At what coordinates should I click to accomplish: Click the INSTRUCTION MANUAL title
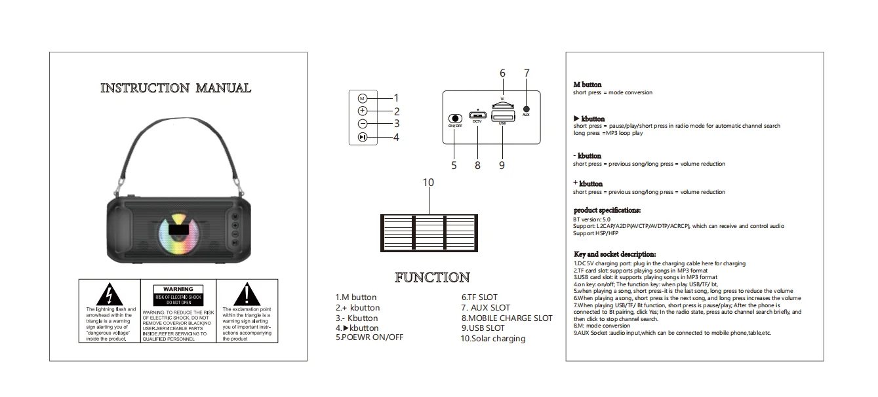(x=175, y=88)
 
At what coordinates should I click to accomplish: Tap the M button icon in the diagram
(x=363, y=98)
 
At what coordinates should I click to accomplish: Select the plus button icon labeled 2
(x=363, y=111)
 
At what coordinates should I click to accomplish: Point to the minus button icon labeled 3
(x=363, y=123)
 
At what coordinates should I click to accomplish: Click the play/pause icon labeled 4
(x=363, y=138)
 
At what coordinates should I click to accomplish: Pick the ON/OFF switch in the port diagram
(x=454, y=118)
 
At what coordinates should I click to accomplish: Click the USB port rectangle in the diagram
(x=502, y=116)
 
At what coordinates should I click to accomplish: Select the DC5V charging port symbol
(x=477, y=115)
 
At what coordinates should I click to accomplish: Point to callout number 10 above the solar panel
(x=428, y=183)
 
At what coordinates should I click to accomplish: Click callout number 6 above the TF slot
(x=502, y=73)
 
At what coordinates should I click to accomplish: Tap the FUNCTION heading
(x=432, y=278)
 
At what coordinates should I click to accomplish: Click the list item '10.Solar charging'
(x=493, y=339)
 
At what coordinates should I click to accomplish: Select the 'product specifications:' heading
(x=607, y=210)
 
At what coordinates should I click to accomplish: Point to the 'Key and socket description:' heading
(x=614, y=254)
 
